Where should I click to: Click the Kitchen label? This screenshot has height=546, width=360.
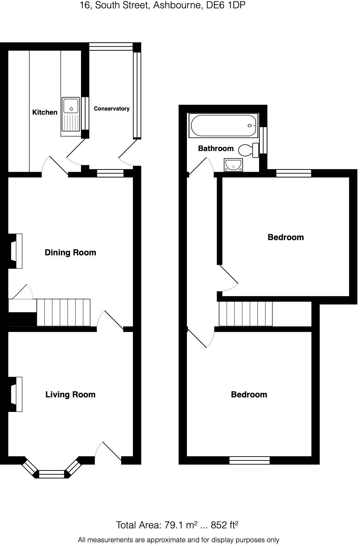pos(45,112)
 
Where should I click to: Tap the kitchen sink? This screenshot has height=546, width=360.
pos(71,116)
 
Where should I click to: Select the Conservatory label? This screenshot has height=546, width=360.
pos(111,108)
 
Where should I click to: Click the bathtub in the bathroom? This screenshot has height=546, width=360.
pos(223,125)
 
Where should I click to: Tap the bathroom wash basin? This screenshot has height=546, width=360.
pos(233,165)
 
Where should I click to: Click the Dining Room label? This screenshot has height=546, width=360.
pos(70,253)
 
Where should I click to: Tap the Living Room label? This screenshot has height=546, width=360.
pos(70,395)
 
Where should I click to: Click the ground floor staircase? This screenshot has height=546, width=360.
pos(63,312)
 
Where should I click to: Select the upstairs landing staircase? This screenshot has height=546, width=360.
pos(245,314)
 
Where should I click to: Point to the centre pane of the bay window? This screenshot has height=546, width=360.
pos(52,474)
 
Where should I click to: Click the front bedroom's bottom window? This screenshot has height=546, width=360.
pos(250,460)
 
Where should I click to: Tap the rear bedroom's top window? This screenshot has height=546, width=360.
pos(294,173)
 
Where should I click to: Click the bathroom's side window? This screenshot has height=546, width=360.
pos(263,140)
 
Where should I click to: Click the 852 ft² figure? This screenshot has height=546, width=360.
pos(225,525)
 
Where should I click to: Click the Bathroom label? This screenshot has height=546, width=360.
pos(216,149)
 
